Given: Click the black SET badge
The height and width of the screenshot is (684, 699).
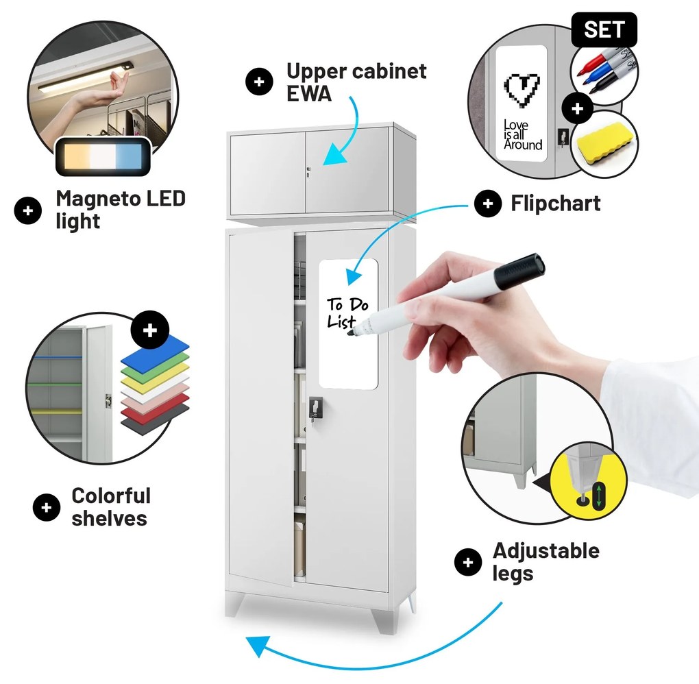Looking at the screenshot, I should point(604,29).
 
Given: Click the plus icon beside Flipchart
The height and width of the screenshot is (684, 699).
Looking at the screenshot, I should point(487,204).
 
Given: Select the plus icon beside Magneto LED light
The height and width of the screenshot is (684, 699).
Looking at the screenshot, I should point(28,210).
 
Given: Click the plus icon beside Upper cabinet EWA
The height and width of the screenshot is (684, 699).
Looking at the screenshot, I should point(259,82).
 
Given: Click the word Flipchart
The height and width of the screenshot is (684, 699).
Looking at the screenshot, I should point(555,204).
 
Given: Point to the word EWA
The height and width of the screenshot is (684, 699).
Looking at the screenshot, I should point(308,93).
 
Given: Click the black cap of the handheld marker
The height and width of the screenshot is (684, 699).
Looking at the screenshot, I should point(520,271).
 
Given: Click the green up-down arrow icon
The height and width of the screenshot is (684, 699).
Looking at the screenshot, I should point(600,496).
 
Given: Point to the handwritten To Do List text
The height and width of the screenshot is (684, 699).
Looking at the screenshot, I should point(346,312).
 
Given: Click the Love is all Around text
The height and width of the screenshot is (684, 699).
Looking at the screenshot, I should point(522,134).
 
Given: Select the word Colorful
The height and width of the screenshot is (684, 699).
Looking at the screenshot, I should point(111,496).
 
